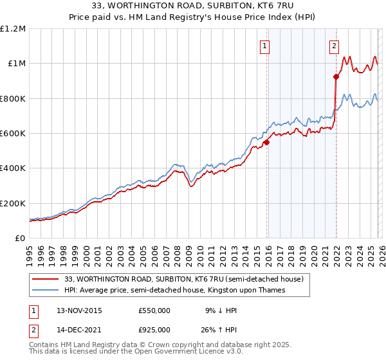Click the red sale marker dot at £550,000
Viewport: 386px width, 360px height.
[x=266, y=143]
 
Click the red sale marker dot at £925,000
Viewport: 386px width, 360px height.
[x=336, y=77]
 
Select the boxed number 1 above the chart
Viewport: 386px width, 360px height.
[x=264, y=46]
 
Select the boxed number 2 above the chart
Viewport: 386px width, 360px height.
[x=335, y=46]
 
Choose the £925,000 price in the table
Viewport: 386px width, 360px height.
[x=154, y=332]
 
